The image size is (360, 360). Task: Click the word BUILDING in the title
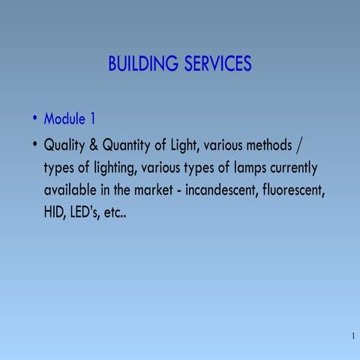142,64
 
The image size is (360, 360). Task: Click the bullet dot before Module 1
34,119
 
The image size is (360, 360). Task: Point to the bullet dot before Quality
34,143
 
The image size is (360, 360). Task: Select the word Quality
65,144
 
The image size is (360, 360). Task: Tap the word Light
182,144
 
